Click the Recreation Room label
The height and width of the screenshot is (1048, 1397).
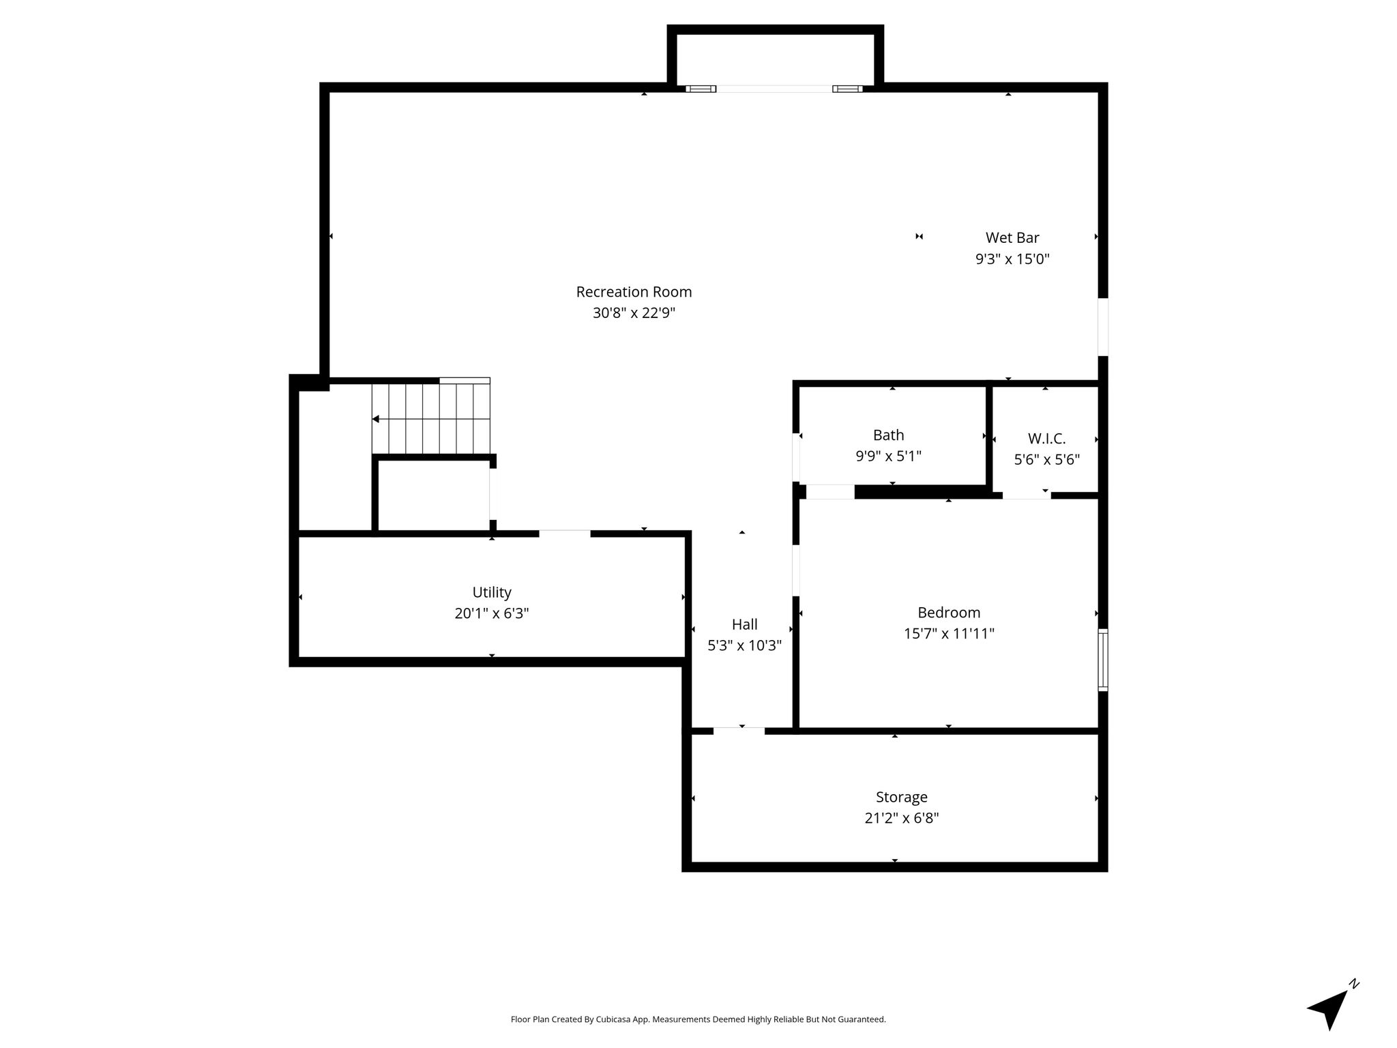[634, 292]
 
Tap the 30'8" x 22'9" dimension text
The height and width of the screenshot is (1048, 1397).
[634, 313]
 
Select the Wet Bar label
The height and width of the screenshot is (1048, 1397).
[1012, 237]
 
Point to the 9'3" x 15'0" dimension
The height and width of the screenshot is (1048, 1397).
[1012, 259]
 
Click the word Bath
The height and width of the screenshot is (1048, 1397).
[888, 435]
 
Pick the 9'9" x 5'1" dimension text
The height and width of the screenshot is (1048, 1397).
[888, 456]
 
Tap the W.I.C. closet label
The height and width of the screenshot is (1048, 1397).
[1046, 439]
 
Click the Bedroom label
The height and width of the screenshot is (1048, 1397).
[949, 613]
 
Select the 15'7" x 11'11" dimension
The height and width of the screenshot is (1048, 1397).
[949, 634]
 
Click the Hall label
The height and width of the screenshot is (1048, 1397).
[744, 624]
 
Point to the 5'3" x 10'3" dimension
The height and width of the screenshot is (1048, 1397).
[744, 645]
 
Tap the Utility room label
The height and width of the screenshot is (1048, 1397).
[492, 592]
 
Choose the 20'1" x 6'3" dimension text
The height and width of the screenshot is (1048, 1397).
[492, 613]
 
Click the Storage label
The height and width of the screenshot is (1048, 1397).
[902, 797]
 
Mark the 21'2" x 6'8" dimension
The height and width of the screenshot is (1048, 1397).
[902, 818]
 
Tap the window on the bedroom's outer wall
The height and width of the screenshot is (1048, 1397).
[1102, 660]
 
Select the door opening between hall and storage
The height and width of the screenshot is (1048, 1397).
[739, 731]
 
